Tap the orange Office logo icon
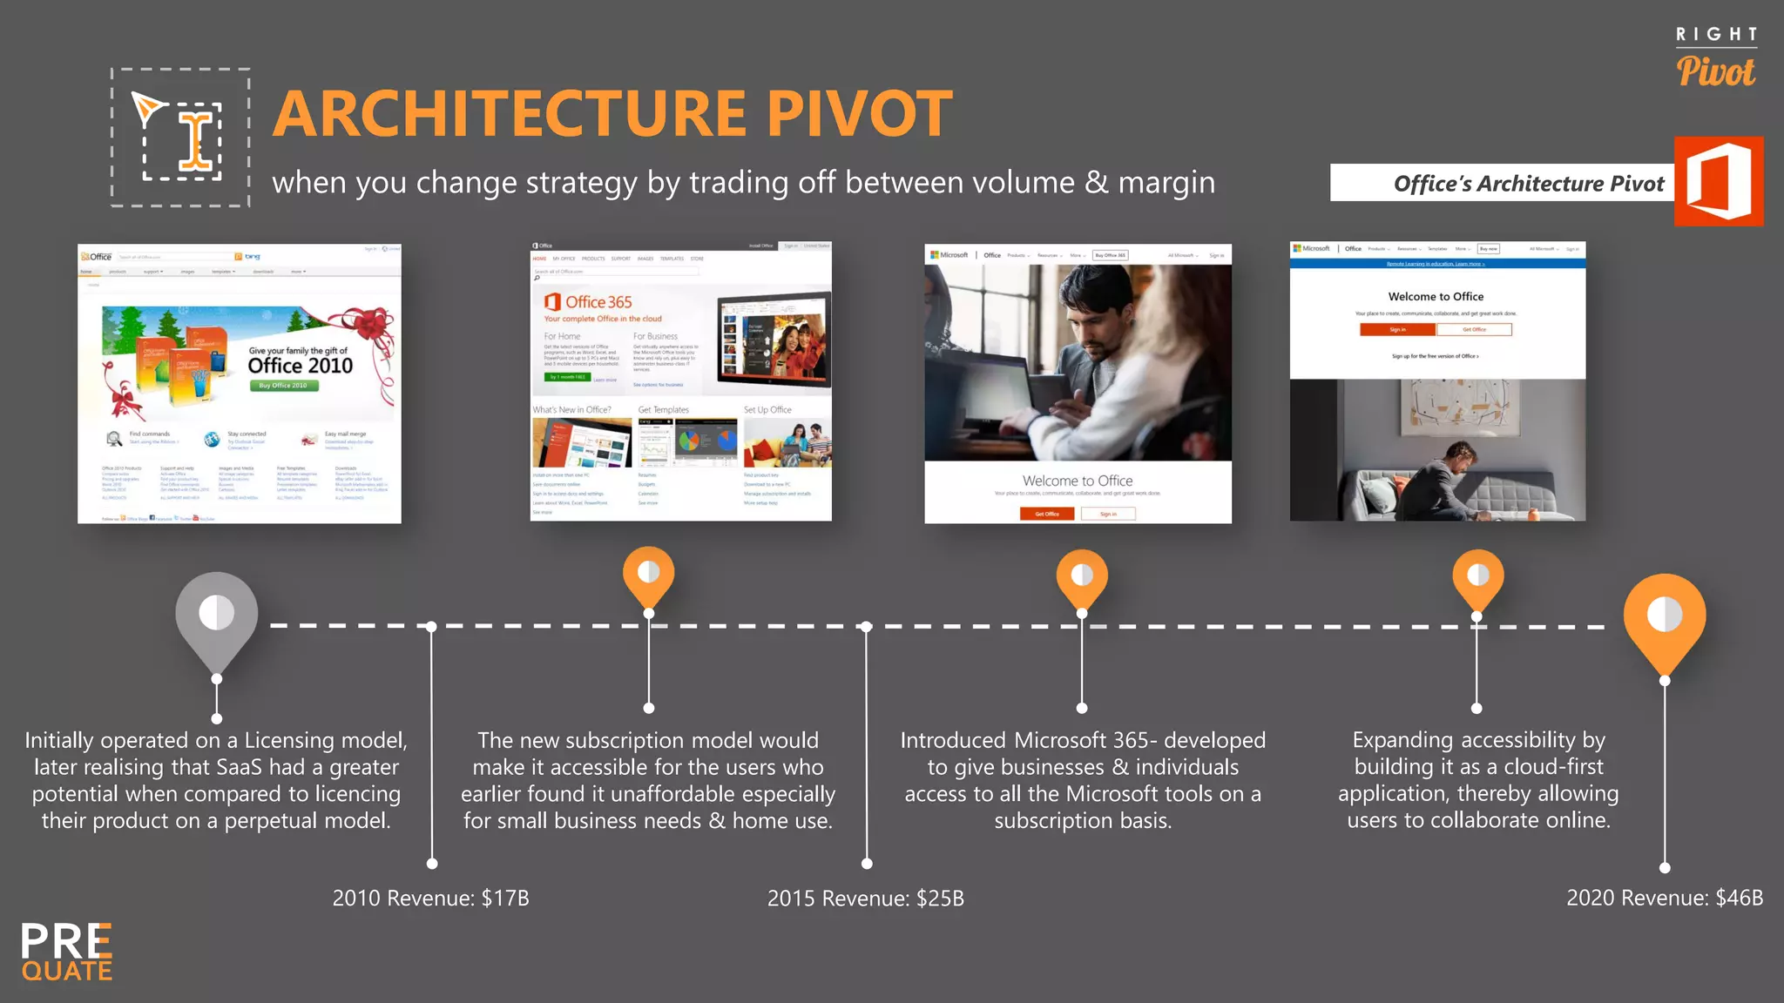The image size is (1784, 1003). (1718, 181)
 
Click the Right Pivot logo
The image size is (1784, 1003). (1715, 58)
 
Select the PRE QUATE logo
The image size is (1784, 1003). (67, 953)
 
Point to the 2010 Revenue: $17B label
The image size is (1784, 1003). (430, 898)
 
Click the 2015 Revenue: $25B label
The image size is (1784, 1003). (865, 898)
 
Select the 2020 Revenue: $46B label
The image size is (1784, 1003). (1664, 898)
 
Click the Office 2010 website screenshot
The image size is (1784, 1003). (240, 383)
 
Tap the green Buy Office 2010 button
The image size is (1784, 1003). (283, 386)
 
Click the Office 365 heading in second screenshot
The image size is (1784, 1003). (598, 302)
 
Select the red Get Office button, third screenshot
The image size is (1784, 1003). (1047, 514)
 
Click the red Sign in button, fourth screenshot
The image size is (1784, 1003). (1396, 329)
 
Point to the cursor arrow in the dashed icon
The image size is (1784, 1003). (147, 108)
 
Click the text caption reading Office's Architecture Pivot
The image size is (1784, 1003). (1528, 184)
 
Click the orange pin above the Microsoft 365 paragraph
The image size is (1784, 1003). (1081, 576)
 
